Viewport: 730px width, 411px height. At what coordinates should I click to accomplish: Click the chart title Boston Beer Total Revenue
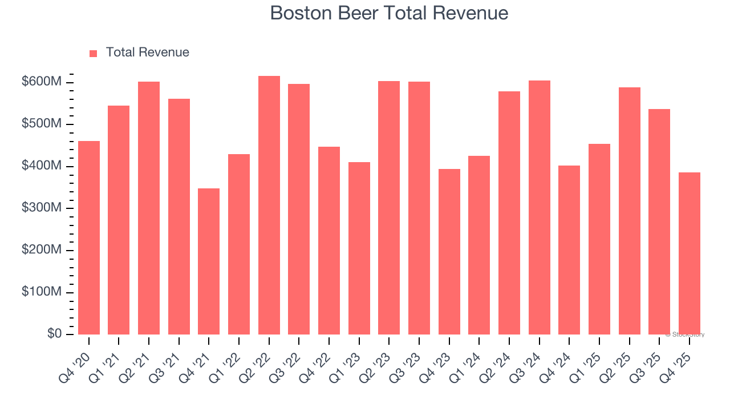(x=389, y=13)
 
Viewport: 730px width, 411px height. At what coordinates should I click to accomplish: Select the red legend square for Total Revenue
(x=94, y=53)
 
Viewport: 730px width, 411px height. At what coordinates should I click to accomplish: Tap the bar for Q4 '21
(x=209, y=261)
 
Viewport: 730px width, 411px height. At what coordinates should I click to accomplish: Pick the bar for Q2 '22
(x=269, y=205)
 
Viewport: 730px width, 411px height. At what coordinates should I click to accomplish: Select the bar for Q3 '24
(x=539, y=207)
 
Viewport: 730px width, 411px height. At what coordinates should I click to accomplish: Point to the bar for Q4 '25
(x=689, y=253)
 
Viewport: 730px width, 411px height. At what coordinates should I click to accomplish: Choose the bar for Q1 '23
(x=359, y=248)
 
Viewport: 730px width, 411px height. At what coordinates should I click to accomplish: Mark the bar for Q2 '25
(x=629, y=211)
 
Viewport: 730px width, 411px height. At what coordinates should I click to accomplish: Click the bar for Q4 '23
(x=449, y=252)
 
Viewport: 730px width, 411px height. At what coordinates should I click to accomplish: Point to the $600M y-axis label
(x=41, y=82)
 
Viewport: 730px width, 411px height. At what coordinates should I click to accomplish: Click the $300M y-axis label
(x=41, y=208)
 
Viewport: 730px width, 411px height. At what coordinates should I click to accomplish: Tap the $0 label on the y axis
(x=55, y=334)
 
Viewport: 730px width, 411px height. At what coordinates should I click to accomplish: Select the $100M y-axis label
(x=41, y=292)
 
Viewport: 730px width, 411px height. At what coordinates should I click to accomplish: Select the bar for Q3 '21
(x=179, y=216)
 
